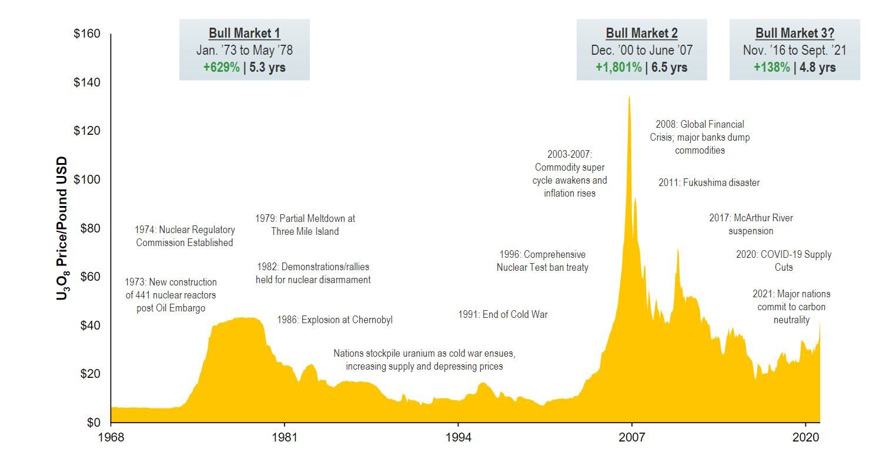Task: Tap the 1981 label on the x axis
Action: [285, 439]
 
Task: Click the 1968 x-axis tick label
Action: [111, 439]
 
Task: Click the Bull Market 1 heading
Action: [244, 33]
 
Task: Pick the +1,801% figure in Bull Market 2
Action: [618, 67]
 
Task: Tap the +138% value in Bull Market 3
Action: [771, 67]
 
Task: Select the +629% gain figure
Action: [221, 67]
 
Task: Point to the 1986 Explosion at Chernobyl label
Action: [335, 320]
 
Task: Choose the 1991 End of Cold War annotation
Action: [503, 314]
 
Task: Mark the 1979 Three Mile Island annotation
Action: [305, 225]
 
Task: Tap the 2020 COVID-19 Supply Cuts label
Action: [784, 261]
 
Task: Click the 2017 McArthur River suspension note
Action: [751, 224]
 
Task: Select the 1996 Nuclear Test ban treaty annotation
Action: [542, 261]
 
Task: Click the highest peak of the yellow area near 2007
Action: [629, 97]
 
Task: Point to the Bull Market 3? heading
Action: [794, 33]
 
